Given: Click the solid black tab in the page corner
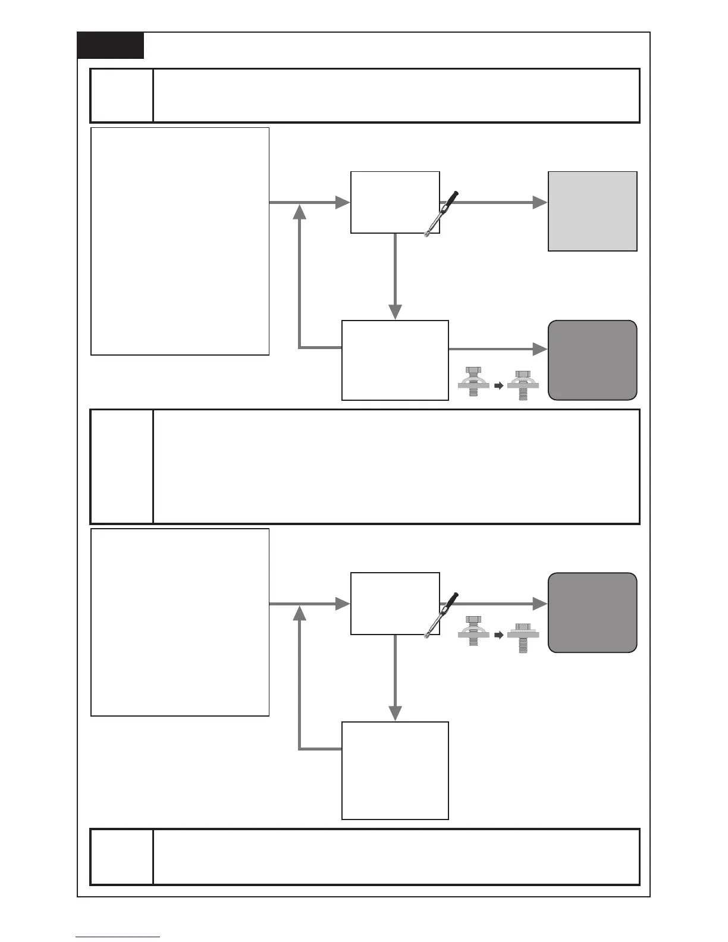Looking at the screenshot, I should (x=111, y=46).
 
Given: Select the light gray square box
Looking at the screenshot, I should (x=592, y=211).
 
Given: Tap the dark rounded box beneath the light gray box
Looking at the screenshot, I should (x=592, y=360).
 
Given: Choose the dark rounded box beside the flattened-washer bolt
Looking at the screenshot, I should (x=592, y=613).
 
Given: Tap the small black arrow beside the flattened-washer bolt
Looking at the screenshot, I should (x=499, y=635).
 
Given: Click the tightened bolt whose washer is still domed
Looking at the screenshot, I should (x=523, y=384).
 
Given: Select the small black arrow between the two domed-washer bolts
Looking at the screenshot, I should (x=499, y=385).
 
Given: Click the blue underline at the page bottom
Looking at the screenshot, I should (x=118, y=937).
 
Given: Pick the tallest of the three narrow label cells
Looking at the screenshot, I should (x=121, y=466).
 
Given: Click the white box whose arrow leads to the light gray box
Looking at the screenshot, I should (x=395, y=202).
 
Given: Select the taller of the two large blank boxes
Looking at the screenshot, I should (x=180, y=241).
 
